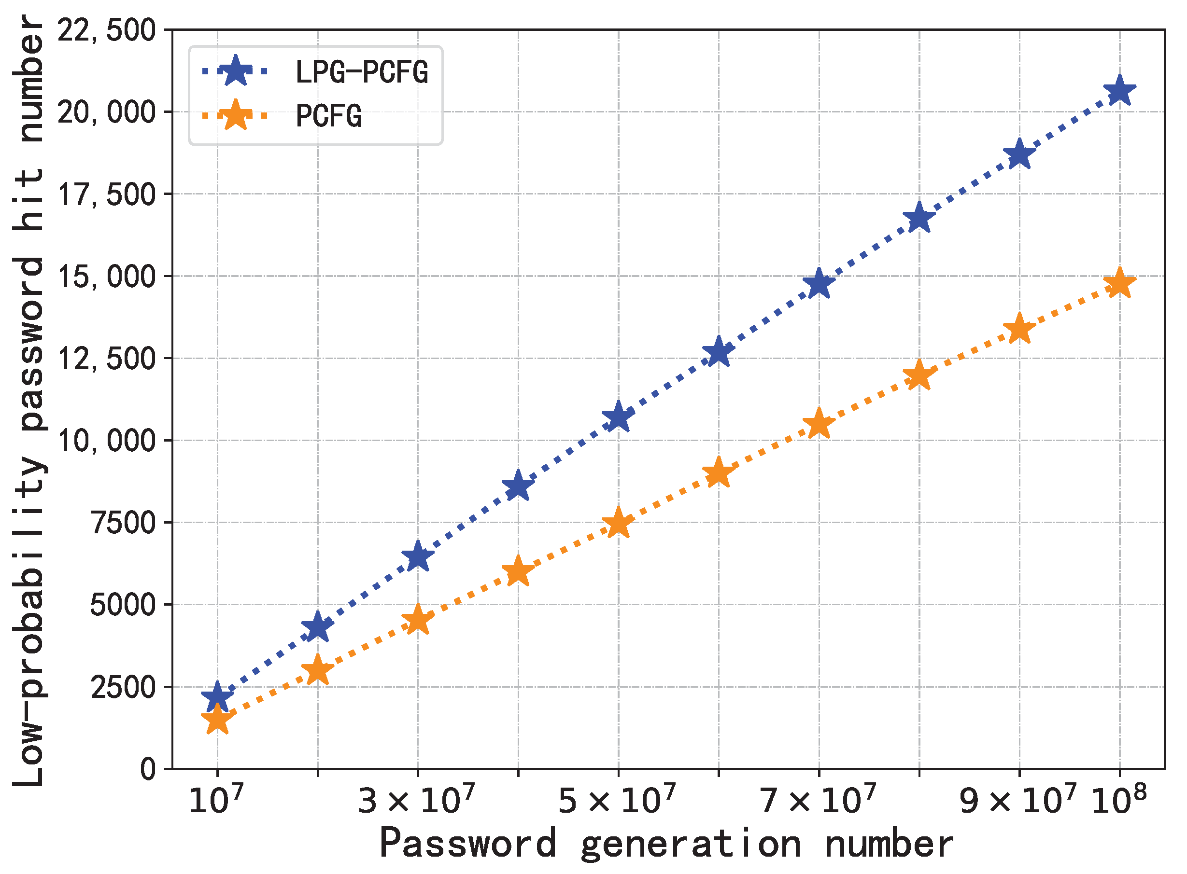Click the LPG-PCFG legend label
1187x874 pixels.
pos(362,72)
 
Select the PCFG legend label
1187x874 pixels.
pos(329,116)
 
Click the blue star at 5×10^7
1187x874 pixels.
pos(618,417)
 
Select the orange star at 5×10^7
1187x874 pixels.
pos(618,523)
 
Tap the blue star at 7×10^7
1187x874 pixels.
pos(819,284)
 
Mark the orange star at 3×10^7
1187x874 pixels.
pos(418,620)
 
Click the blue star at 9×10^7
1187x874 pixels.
pos(1019,154)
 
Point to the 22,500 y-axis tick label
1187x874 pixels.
pos(106,30)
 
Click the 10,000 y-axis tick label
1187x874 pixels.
pos(106,441)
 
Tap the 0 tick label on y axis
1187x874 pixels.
pos(148,769)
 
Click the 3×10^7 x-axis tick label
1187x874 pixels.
pos(416,800)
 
